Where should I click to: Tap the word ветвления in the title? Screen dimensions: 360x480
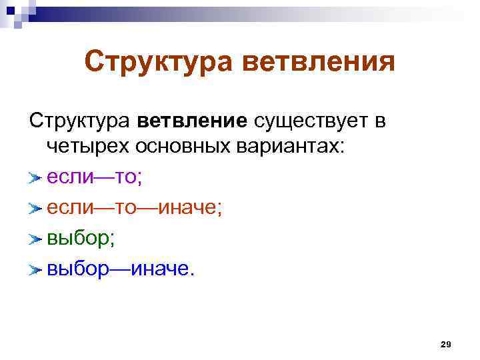(x=317, y=63)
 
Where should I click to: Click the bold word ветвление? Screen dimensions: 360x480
(x=192, y=121)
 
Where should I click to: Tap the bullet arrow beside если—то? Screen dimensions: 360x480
(x=35, y=178)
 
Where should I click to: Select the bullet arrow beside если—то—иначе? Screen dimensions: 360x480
(x=35, y=209)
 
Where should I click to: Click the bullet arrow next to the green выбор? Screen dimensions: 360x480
(x=35, y=239)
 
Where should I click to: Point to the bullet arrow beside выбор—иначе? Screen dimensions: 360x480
(x=35, y=270)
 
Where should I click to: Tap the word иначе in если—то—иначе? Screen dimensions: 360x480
(x=187, y=208)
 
